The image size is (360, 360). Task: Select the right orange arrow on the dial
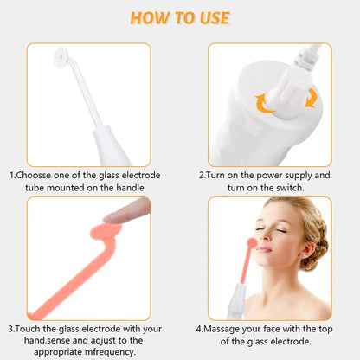[309, 98]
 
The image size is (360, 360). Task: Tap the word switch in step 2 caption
[294, 186]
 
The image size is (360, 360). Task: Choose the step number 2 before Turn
[201, 174]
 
